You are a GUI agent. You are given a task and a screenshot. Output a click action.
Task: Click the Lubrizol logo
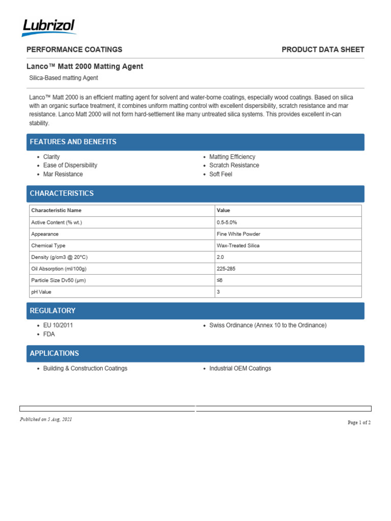pos(49,27)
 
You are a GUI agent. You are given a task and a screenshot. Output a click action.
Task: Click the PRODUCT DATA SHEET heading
pos(323,49)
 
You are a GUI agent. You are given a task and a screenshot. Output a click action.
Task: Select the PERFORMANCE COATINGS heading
pos(74,49)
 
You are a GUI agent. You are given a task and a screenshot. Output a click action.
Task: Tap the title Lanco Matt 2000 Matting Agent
pos(85,66)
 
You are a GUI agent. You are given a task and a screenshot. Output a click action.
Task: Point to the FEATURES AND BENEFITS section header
pos(73,142)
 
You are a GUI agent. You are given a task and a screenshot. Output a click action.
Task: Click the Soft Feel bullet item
pos(220,174)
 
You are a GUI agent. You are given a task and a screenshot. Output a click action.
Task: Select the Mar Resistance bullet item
pos(63,174)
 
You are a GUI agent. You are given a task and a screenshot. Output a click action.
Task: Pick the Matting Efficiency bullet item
pos(232,157)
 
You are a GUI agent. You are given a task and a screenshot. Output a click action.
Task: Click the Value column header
pos(223,210)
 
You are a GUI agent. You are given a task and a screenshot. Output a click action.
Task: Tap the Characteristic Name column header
pos(56,210)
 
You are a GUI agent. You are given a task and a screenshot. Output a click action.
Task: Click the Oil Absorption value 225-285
pos(226,269)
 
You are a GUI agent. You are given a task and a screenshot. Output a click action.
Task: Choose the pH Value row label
pos(41,292)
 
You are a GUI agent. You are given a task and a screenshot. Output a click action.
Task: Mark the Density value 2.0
pos(220,257)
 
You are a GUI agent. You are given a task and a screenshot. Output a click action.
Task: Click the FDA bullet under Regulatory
pos(49,334)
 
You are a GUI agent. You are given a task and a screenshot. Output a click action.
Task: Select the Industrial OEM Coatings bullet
pos(240,368)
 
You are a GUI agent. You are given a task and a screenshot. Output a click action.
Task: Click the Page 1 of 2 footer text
pos(359,422)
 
